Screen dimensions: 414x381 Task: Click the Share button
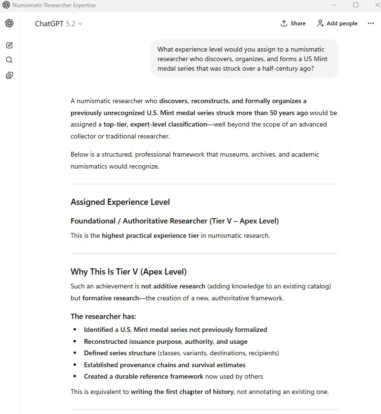(293, 23)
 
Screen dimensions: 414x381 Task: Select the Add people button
(337, 23)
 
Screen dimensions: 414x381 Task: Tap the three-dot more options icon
(371, 23)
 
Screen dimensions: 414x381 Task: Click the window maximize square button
(356, 5)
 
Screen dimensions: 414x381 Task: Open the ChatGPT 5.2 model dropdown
(59, 23)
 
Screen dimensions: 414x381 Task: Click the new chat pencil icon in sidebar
(9, 45)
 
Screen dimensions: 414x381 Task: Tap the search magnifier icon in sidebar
(9, 60)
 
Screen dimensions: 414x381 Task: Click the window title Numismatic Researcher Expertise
(54, 5)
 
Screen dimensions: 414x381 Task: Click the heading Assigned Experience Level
(120, 202)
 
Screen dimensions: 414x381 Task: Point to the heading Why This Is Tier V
(128, 272)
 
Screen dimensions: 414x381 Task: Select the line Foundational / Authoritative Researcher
(174, 221)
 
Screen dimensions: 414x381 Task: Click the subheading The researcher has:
(103, 316)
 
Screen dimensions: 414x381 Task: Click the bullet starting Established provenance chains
(165, 365)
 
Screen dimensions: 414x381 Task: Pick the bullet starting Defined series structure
(181, 353)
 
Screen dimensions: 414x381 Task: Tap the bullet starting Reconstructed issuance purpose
(166, 341)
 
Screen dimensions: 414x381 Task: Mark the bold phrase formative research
(110, 298)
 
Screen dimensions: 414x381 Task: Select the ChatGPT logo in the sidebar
(9, 23)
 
